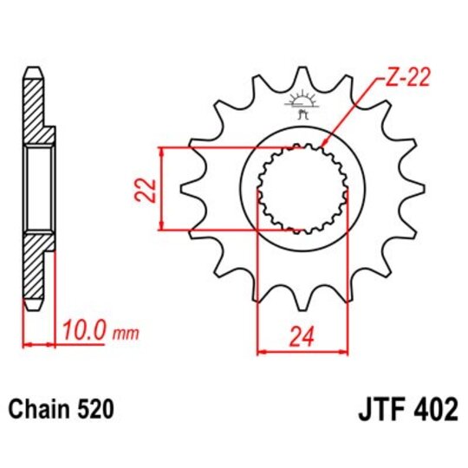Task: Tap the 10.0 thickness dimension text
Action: pyautogui.click(x=83, y=330)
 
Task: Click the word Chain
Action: pyautogui.click(x=41, y=408)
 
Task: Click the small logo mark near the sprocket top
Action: pyautogui.click(x=302, y=104)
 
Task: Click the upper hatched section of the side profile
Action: pyautogui.click(x=32, y=108)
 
